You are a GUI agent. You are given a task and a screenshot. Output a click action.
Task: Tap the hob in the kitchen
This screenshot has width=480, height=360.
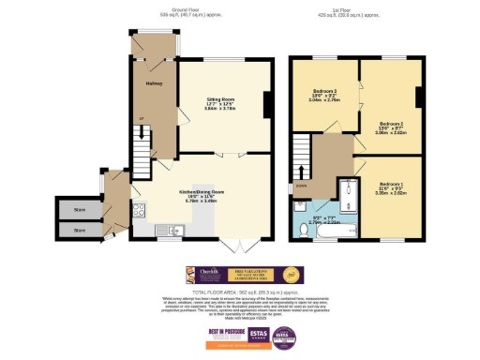(139, 209)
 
